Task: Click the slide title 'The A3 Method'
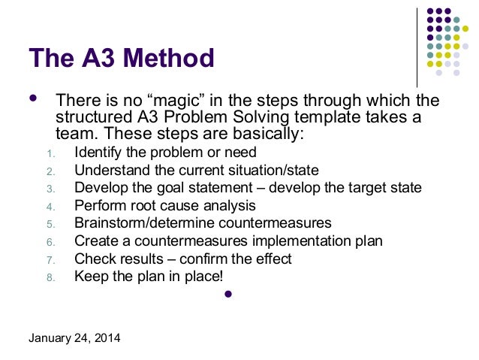122,58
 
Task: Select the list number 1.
50,155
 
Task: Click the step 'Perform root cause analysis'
165,205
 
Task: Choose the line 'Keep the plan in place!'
149,276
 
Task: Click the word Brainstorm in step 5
108,223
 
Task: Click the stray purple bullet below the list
230,295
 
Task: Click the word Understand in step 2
108,171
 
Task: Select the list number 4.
50,206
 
